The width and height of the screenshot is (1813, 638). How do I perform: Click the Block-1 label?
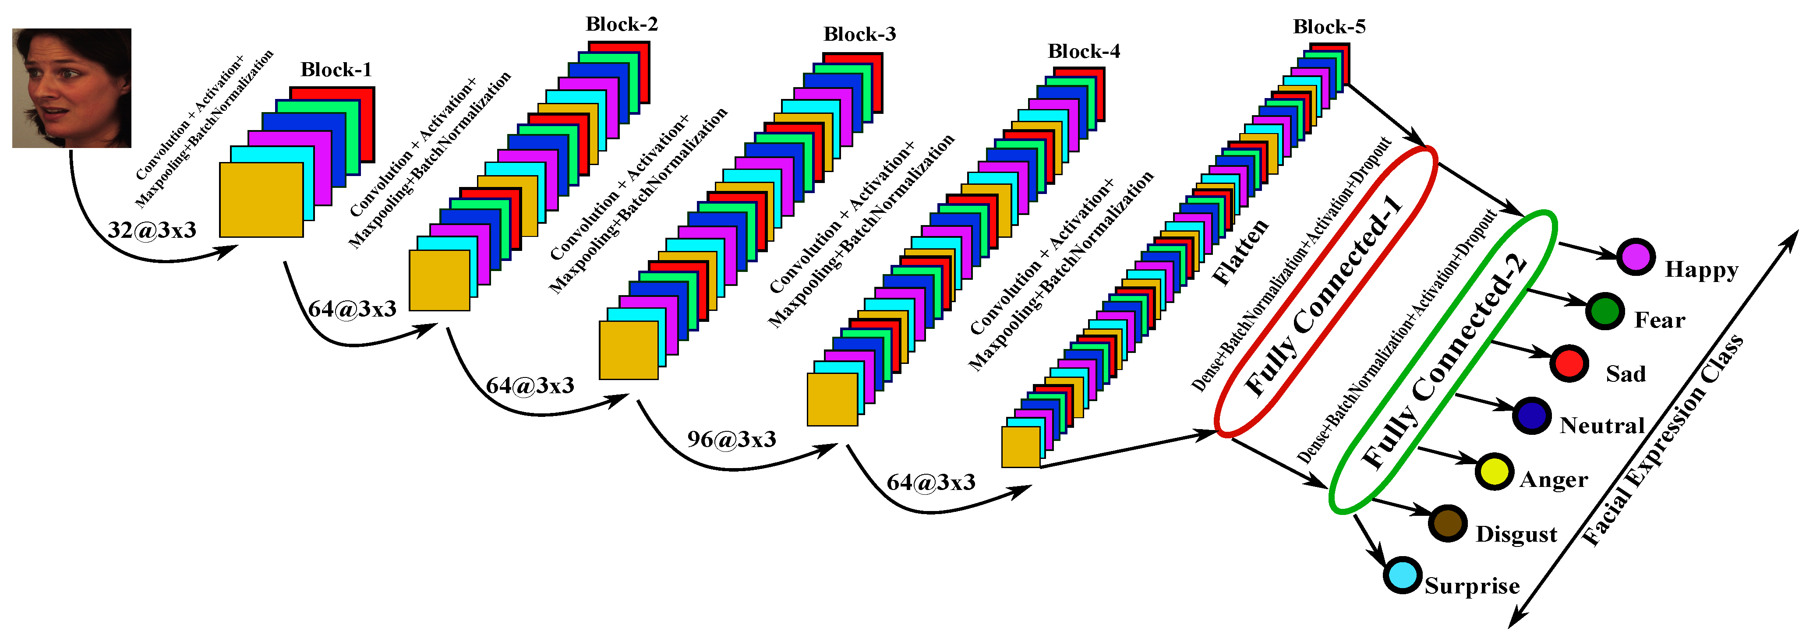click(336, 70)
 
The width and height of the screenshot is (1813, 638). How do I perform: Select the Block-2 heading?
click(622, 25)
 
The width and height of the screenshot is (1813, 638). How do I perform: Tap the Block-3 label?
click(859, 35)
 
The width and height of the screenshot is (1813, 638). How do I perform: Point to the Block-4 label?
click(1083, 51)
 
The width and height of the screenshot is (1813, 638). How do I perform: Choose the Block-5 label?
click(1329, 27)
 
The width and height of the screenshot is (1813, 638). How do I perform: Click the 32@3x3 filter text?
click(152, 230)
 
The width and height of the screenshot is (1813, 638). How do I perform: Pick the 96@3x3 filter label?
click(731, 440)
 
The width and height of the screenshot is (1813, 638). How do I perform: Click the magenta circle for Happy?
click(1635, 257)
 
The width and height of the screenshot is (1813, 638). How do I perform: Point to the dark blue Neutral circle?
click(1531, 416)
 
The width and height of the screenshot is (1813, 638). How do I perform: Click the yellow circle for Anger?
click(1494, 471)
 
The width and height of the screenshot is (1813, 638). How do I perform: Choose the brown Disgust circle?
click(1448, 523)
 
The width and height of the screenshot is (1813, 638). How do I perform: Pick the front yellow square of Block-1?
click(261, 200)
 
